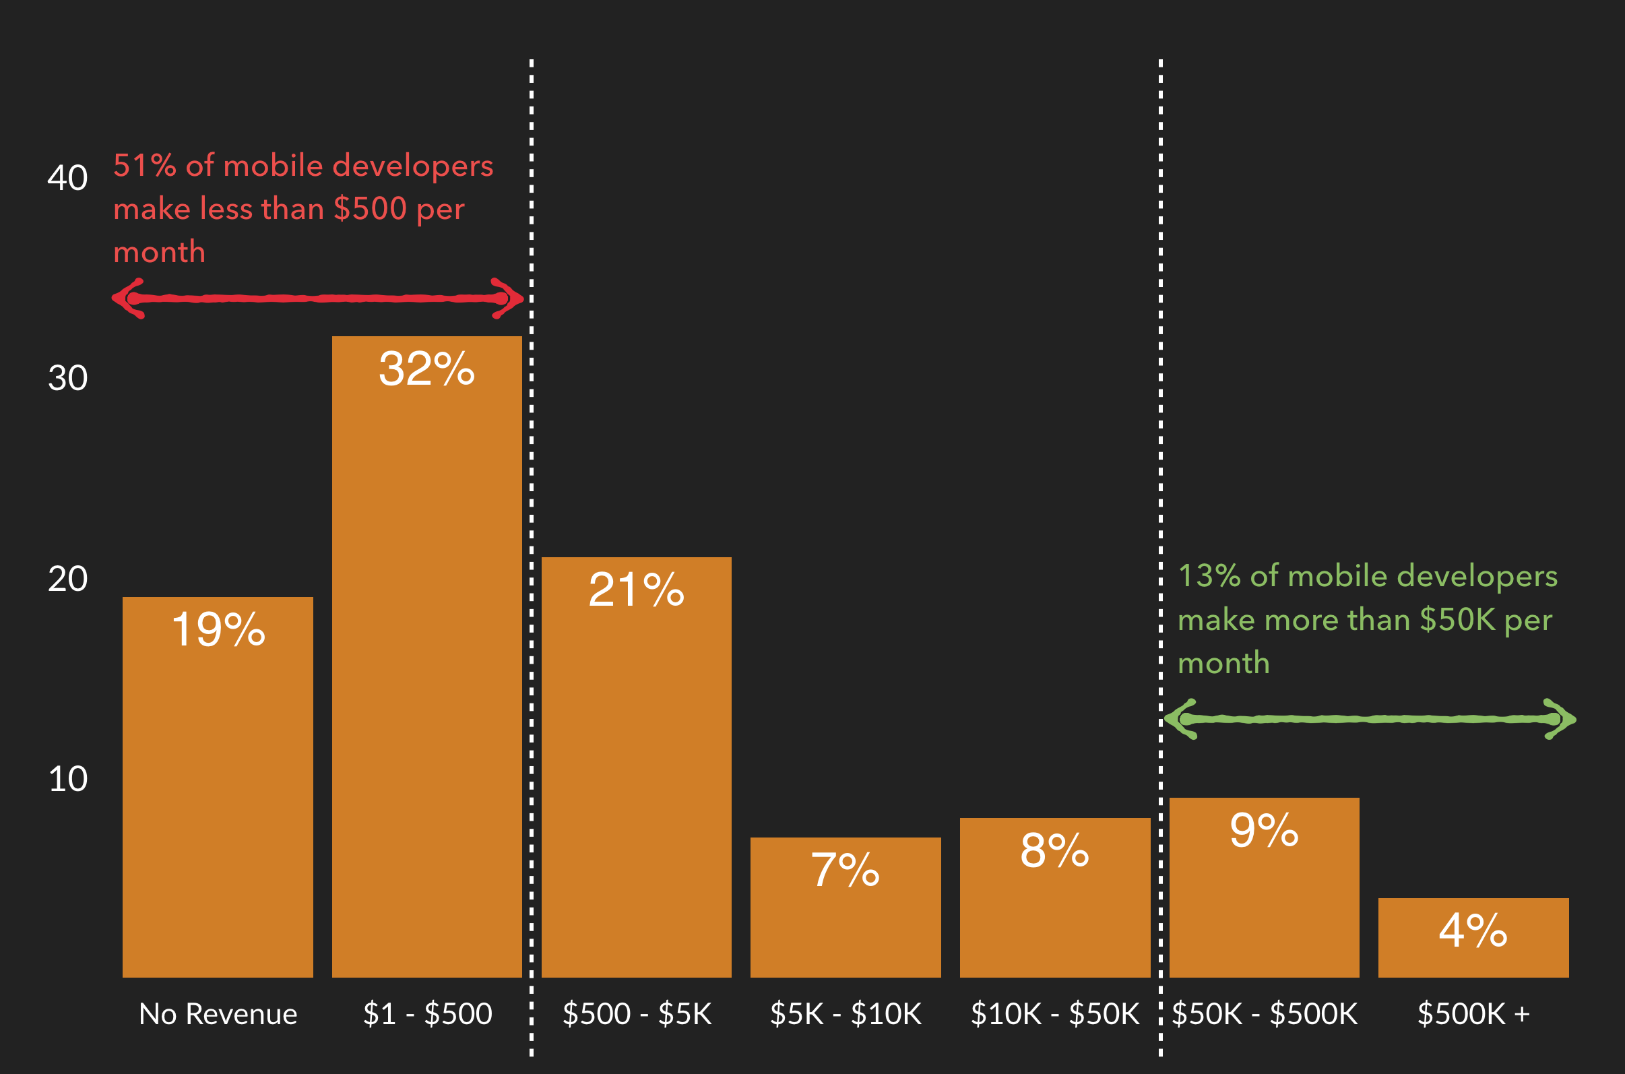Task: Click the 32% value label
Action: [426, 369]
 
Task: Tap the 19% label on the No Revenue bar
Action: [218, 629]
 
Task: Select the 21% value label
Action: [636, 589]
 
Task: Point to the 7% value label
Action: [845, 869]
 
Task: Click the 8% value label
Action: [1054, 850]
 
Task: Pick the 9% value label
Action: [1264, 829]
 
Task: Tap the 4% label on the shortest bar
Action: [1473, 930]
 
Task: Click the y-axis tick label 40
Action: [67, 177]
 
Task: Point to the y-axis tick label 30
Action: [67, 378]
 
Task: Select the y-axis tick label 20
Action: [67, 579]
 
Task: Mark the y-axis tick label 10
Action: [67, 779]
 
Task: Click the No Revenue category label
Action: [218, 1014]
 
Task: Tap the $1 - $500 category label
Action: [427, 1014]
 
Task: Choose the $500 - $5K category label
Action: [637, 1014]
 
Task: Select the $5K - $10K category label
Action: [846, 1014]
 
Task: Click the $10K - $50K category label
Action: [1054, 1014]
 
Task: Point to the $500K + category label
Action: [1473, 1014]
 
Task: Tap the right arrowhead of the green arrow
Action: [1561, 719]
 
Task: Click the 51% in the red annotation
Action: [144, 166]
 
